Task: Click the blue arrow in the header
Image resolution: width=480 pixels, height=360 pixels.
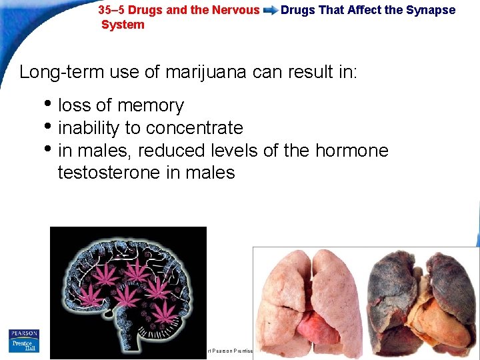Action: [x=270, y=11]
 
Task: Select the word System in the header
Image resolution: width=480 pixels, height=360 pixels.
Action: [x=123, y=25]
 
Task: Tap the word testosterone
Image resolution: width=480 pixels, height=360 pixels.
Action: [x=109, y=173]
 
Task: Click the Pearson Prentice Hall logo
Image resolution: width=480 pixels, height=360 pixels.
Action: [x=24, y=341]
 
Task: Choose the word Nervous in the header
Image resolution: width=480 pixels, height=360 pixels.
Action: [x=237, y=10]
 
